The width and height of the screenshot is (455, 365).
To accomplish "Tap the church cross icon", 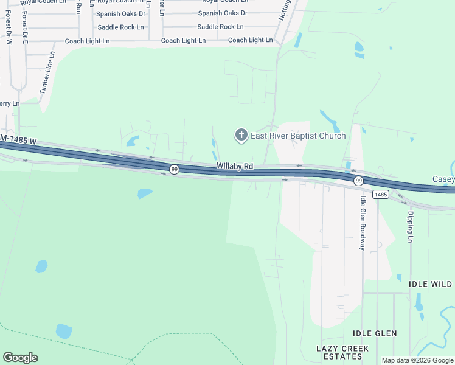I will click(241, 135).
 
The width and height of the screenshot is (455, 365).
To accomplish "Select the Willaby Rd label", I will click(234, 166).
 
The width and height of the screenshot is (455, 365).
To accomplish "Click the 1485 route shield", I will click(381, 195).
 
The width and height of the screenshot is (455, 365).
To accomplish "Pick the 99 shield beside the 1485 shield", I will click(359, 181).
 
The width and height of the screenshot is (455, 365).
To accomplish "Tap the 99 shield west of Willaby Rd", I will click(174, 169).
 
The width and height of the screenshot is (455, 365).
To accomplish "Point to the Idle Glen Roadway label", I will click(363, 223).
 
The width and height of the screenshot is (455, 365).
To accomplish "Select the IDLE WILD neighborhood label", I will click(430, 284).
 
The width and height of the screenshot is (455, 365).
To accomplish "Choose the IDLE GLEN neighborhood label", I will click(375, 333).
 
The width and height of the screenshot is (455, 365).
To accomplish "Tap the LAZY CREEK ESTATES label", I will click(342, 352).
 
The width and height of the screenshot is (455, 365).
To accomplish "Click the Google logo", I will click(20, 358).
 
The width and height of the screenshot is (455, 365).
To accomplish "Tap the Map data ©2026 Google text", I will click(417, 360).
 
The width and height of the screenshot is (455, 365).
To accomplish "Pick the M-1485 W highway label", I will click(18, 141).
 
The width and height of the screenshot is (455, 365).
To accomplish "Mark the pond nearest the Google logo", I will click(64, 331).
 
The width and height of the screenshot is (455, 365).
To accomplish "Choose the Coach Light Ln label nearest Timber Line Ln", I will click(88, 41).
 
